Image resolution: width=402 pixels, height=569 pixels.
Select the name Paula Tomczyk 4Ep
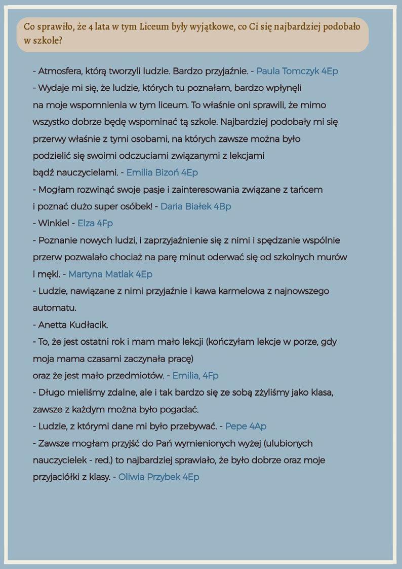[x=297, y=71]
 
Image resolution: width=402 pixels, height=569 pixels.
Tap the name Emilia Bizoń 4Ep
[x=162, y=172]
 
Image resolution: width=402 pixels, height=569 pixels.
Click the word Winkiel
[x=54, y=223]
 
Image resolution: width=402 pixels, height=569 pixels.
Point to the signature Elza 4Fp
[x=95, y=223]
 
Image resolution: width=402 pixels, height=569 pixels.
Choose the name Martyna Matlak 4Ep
[x=110, y=274]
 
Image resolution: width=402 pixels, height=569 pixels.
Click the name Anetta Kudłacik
[x=73, y=325]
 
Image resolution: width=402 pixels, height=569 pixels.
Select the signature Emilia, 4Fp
[x=195, y=376]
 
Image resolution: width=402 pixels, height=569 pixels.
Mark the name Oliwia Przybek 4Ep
[x=159, y=477]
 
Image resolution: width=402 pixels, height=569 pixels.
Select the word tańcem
[x=308, y=190]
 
